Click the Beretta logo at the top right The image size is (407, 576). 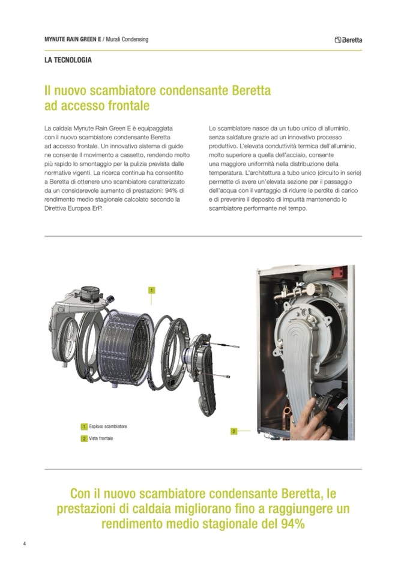(x=348, y=40)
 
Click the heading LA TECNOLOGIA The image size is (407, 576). (x=68, y=60)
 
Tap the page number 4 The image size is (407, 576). (x=24, y=544)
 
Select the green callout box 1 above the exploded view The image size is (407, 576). (x=151, y=290)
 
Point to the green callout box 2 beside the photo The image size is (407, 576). (x=234, y=431)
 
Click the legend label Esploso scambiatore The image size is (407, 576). (x=108, y=426)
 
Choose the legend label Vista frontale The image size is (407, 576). (x=101, y=438)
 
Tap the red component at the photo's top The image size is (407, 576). (x=339, y=272)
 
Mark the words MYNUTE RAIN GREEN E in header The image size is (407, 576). (x=72, y=39)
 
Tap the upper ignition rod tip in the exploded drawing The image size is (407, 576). (x=238, y=347)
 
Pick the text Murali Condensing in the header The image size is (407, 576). (x=127, y=39)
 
